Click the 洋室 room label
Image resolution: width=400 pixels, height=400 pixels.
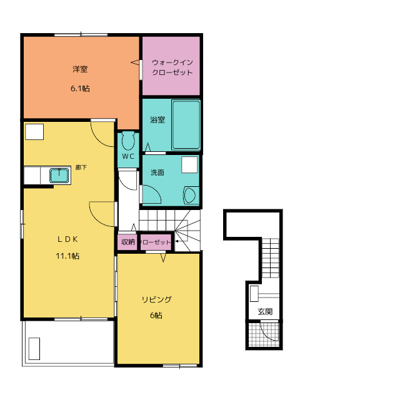[80, 69]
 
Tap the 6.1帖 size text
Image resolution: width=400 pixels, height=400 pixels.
[80, 89]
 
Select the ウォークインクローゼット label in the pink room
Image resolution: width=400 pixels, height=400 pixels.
[172, 67]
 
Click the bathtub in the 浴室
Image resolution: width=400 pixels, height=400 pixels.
[186, 125]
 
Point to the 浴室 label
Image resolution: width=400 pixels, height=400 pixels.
[157, 119]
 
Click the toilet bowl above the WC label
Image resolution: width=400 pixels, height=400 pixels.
[128, 141]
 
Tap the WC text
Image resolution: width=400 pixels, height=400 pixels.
[128, 156]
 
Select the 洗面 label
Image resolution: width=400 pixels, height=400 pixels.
[157, 172]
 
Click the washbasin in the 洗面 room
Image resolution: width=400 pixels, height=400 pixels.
[191, 196]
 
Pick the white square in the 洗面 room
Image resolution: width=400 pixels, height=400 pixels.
[189, 165]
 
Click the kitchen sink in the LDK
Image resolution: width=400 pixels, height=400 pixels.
[59, 176]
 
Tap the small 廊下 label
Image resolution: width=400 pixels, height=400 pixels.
[81, 167]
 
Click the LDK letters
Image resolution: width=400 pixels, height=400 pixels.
[67, 239]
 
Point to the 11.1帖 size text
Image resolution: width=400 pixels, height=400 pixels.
[67, 256]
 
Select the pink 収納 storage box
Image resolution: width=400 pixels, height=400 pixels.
[127, 242]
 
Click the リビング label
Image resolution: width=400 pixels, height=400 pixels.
[157, 299]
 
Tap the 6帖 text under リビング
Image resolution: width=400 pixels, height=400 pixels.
[156, 316]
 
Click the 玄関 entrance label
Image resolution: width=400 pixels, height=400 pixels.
[265, 311]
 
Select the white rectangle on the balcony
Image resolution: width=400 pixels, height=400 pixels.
[34, 349]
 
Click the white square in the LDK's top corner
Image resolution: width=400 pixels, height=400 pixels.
[34, 132]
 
